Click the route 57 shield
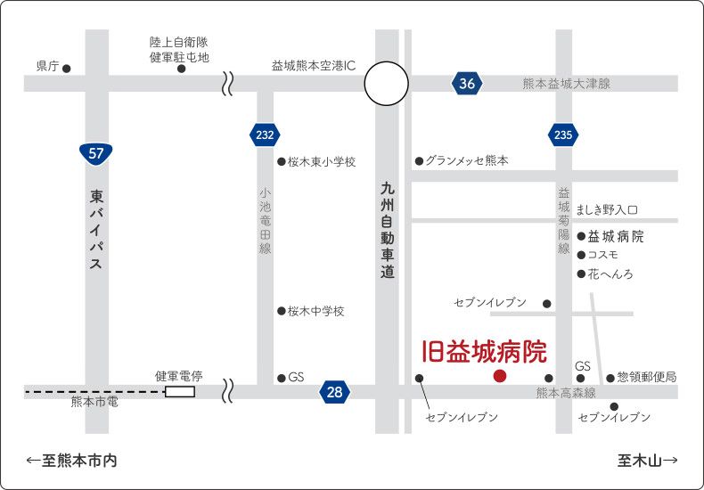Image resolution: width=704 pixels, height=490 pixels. click(96, 152)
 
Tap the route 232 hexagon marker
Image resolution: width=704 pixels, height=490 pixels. click(265, 135)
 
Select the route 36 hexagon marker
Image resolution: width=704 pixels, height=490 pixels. click(468, 84)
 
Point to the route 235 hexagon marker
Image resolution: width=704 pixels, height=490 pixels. click(562, 135)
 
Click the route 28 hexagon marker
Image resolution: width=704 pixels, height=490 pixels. click(334, 392)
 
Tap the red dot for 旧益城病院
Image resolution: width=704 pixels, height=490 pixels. click(500, 376)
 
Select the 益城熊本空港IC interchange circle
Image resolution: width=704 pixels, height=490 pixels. click(387, 84)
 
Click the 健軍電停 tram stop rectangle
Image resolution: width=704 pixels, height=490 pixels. click(180, 392)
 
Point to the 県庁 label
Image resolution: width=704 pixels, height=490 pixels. click(47, 67)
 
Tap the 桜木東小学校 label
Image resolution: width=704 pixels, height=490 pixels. click(322, 162)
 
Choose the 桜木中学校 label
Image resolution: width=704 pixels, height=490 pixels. click(315, 311)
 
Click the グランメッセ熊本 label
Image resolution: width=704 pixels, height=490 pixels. click(466, 161)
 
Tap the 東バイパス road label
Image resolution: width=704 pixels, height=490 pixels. click(96, 228)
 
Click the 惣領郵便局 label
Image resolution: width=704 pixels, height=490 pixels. click(646, 378)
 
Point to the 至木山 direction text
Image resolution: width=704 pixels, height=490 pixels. click(647, 461)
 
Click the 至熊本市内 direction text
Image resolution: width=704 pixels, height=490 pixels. click(72, 461)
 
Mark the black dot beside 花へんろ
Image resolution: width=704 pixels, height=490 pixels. click(581, 274)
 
